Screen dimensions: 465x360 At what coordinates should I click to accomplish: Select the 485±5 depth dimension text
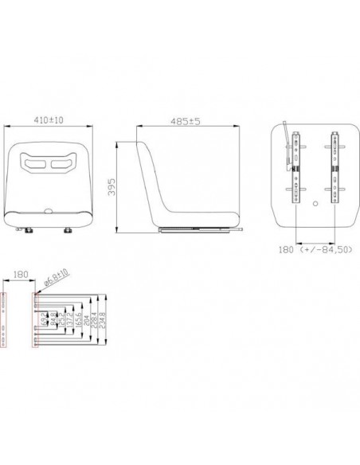[x=184, y=122]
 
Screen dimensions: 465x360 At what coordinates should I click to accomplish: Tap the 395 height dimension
[x=112, y=187]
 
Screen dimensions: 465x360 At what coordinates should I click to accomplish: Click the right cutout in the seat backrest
[x=61, y=164]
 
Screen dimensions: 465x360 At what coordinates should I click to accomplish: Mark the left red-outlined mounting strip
[x=6, y=321]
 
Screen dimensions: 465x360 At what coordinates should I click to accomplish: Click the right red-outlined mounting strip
[x=34, y=321]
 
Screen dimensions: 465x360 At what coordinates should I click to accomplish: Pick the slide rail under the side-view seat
[x=199, y=230]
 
